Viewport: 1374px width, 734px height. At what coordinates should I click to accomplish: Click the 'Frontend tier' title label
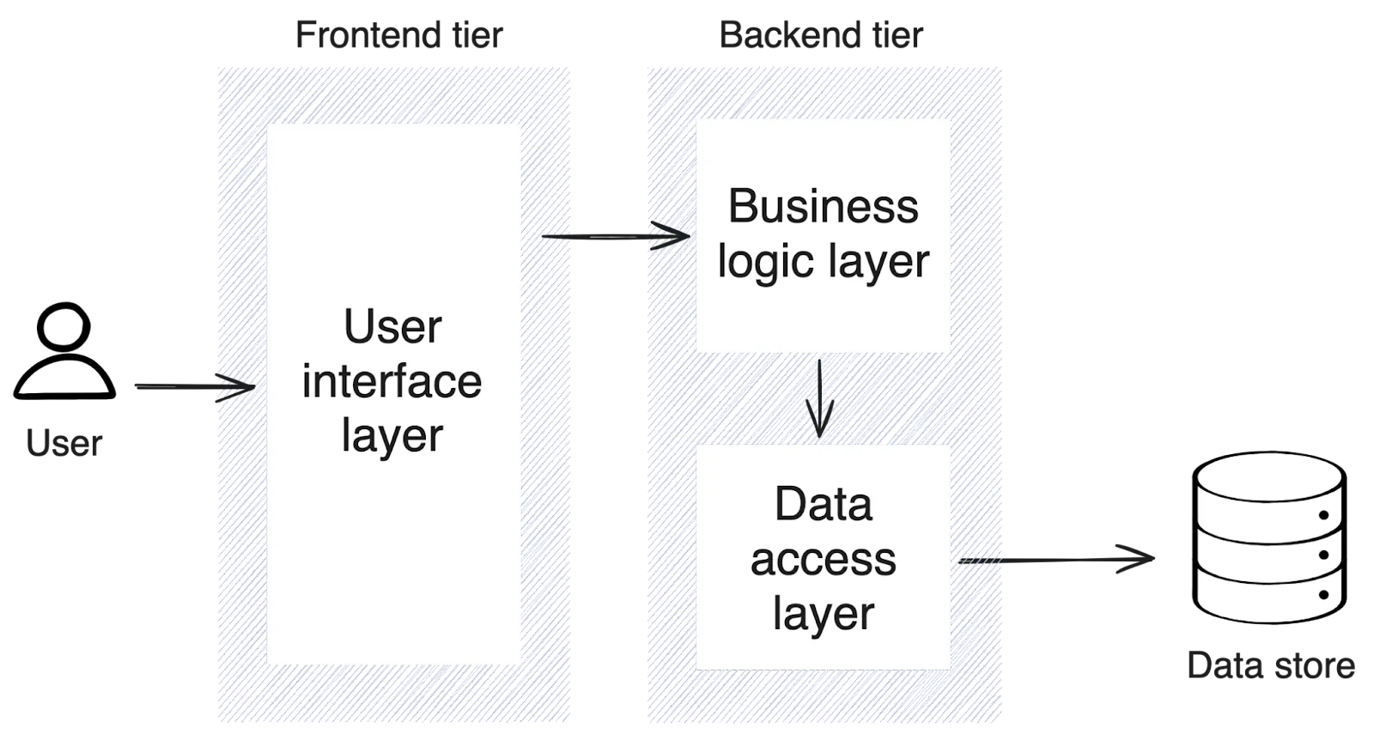(400, 36)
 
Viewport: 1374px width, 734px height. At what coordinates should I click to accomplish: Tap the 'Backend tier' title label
(820, 36)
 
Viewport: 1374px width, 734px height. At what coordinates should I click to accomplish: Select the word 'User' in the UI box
(392, 327)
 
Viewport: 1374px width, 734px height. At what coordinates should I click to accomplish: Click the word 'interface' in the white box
(392, 382)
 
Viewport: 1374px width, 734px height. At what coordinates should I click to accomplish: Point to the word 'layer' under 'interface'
(392, 436)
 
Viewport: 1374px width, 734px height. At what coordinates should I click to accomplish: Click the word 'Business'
(823, 207)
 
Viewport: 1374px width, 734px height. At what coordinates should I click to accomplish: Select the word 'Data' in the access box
(823, 504)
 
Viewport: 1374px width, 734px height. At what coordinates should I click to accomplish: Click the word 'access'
(823, 559)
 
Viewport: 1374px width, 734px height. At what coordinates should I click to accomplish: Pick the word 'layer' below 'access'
(823, 613)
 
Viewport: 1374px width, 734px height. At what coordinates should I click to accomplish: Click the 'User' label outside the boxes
(64, 444)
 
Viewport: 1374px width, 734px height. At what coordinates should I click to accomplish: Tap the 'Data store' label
(1274, 666)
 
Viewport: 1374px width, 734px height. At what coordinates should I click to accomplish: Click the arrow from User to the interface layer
(193, 387)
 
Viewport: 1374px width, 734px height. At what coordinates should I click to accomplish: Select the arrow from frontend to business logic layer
(615, 236)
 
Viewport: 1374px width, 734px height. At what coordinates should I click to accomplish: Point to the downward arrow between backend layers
(820, 397)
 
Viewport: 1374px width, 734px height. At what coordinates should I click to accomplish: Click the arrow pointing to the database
(1058, 561)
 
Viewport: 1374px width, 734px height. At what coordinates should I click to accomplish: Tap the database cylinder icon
(1268, 538)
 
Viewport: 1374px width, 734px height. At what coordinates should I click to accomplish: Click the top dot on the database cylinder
(1323, 515)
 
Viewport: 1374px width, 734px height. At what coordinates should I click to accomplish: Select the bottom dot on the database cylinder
(1323, 594)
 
